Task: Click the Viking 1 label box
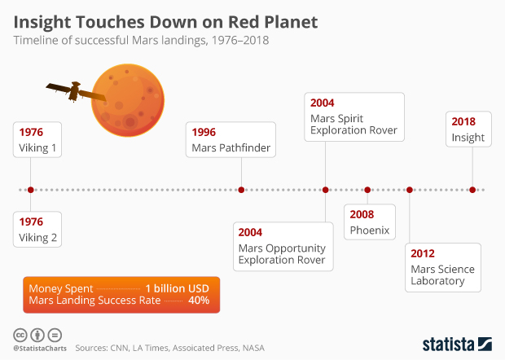click(x=41, y=140)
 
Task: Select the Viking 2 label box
click(x=41, y=230)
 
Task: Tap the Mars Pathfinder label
click(x=231, y=140)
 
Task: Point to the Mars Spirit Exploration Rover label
click(x=354, y=117)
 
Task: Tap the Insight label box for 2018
click(x=468, y=130)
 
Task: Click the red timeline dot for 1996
click(x=241, y=190)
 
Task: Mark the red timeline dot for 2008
click(x=367, y=190)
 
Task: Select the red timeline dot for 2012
click(x=409, y=190)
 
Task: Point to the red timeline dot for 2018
click(x=472, y=190)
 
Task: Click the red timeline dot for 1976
click(x=30, y=190)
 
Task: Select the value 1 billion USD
click(x=178, y=288)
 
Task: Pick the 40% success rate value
click(x=199, y=301)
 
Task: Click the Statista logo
click(x=456, y=344)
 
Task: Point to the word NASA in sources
click(x=252, y=348)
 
